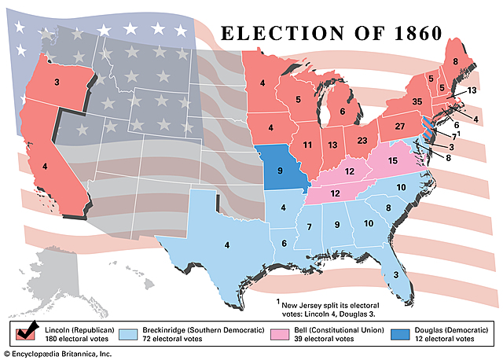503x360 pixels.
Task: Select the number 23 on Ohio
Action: [362, 142]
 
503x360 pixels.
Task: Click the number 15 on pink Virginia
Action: [394, 160]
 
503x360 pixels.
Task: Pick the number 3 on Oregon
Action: [57, 82]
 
